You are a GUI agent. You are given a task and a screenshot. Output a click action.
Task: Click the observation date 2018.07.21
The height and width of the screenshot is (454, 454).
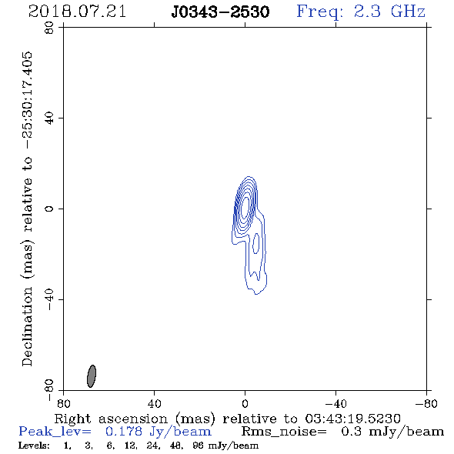(77, 12)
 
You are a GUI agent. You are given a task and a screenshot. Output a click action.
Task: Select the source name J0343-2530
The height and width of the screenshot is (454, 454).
(220, 12)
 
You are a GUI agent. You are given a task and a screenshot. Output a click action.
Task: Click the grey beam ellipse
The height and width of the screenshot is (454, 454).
(92, 376)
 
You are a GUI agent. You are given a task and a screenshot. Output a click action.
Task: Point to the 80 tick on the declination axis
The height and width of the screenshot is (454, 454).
(49, 28)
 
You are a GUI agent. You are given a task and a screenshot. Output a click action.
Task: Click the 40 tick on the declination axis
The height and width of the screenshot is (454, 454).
(49, 119)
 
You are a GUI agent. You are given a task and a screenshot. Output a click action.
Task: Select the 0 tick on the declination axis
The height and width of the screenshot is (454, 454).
(49, 209)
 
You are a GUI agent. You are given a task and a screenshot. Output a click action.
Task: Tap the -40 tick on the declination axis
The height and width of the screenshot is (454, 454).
(49, 299)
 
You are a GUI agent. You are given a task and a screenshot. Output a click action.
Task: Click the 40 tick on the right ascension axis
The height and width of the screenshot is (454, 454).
(155, 403)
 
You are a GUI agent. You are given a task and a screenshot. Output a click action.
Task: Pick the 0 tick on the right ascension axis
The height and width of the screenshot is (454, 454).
(245, 403)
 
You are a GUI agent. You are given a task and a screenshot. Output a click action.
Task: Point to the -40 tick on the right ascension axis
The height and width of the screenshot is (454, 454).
(335, 403)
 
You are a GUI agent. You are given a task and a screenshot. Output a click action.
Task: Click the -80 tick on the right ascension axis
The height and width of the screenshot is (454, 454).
(426, 403)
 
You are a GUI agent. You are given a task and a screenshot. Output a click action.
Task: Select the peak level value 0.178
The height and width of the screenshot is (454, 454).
(124, 432)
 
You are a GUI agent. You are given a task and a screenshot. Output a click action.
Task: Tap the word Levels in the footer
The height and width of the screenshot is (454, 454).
(34, 446)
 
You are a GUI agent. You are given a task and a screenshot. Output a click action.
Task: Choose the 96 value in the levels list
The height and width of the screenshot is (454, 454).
(198, 446)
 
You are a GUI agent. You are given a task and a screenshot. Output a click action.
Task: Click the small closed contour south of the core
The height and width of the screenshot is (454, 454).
(255, 243)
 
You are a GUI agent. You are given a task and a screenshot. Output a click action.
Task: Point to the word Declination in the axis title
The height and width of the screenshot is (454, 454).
(27, 326)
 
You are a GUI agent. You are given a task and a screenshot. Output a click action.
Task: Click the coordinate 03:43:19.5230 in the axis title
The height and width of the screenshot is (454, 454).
(352, 419)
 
